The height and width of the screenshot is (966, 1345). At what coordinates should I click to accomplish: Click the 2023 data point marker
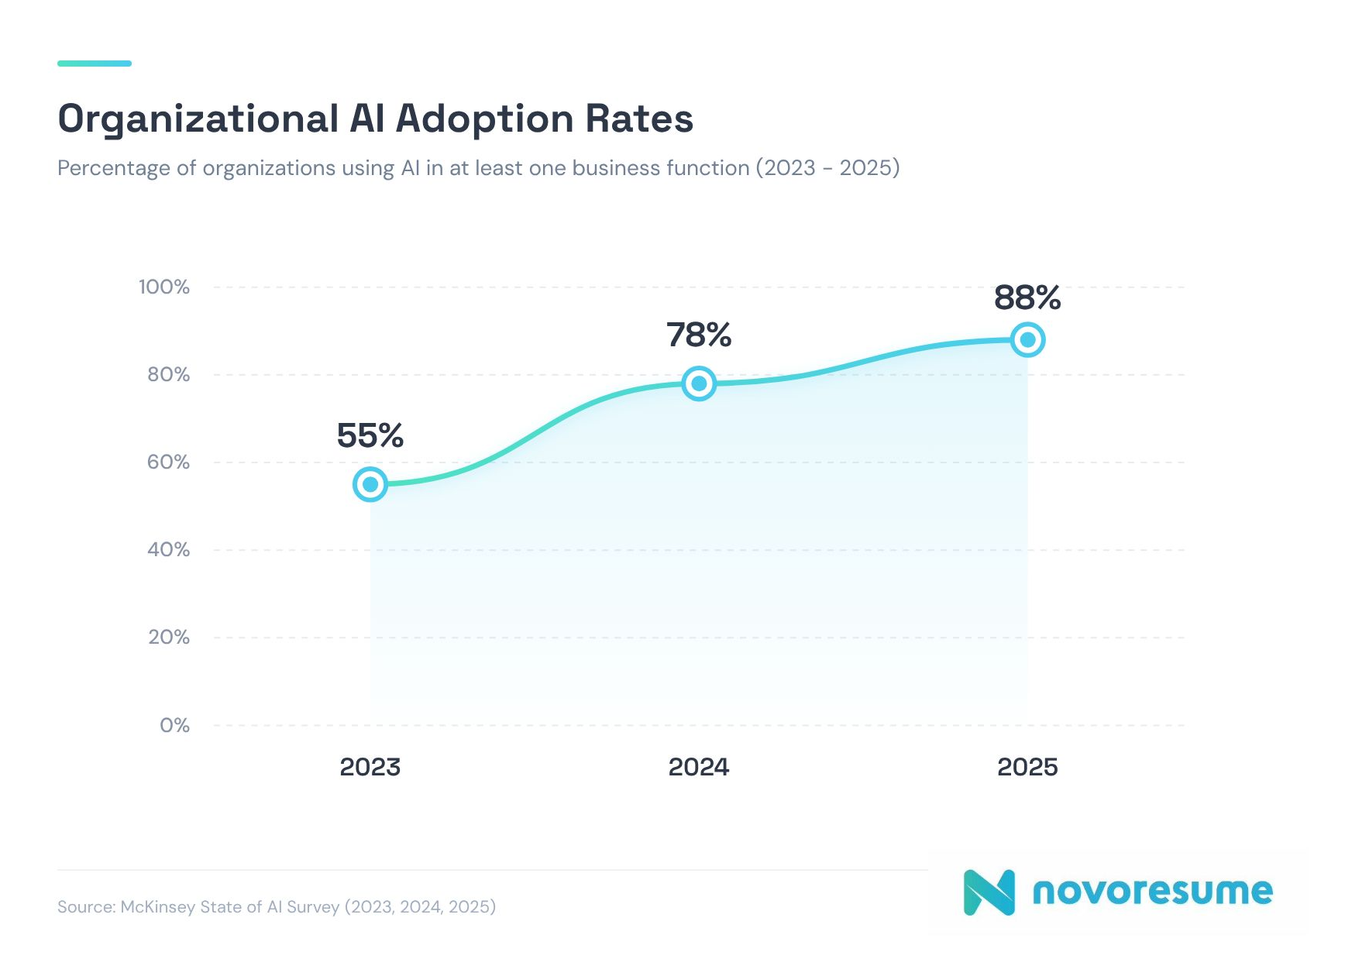370,484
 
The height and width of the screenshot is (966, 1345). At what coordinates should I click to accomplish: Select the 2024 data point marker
699,383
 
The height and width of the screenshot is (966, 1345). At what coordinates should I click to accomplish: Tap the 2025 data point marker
1027,339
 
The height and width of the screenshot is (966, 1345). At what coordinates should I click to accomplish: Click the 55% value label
370,435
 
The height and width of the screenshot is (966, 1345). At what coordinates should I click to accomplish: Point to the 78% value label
699,335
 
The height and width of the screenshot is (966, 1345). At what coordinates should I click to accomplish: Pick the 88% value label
1027,297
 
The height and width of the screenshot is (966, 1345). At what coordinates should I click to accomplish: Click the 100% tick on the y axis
164,287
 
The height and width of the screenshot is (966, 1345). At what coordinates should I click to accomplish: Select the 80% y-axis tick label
168,375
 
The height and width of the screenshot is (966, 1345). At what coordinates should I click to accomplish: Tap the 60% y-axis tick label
168,462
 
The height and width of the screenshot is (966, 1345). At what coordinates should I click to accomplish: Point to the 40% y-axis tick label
168,550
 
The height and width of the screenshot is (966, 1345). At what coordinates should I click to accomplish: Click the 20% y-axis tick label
168,638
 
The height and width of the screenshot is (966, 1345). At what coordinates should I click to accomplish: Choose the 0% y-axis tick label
174,725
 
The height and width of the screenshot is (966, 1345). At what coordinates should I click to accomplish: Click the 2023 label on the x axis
370,767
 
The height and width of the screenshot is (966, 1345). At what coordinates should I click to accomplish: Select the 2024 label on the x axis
699,767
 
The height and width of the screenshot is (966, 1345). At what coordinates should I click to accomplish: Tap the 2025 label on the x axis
1027,767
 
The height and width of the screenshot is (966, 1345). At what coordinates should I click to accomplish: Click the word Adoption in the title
484,119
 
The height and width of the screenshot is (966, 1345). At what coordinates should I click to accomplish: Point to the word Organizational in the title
198,119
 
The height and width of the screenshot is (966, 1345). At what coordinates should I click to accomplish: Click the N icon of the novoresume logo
989,892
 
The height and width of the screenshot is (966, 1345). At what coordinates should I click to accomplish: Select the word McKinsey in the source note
158,906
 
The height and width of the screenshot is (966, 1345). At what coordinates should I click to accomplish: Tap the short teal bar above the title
95,64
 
